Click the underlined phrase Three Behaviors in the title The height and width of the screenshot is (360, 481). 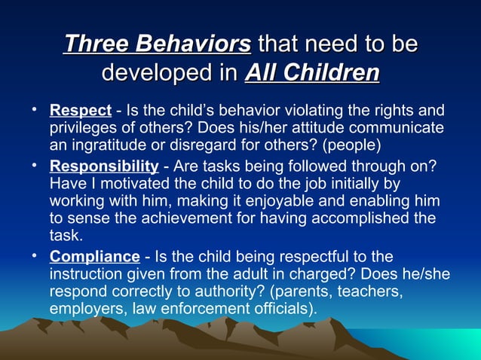pyautogui.click(x=157, y=44)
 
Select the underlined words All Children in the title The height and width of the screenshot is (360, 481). pyautogui.click(x=312, y=74)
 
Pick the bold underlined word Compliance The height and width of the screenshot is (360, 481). pyautogui.click(x=94, y=257)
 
